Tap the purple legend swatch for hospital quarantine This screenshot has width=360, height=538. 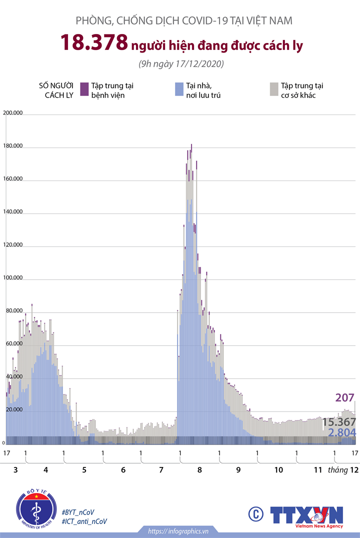[84, 89]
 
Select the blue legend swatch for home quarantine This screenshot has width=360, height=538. [178, 89]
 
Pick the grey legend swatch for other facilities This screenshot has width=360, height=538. [273, 89]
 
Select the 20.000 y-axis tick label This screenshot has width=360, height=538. [13, 409]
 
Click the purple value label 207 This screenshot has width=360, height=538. [345, 398]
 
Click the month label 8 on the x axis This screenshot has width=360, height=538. [199, 470]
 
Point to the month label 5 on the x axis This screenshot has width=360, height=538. [84, 470]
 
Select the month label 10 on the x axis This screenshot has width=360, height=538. [278, 470]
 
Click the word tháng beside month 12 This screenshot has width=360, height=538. [337, 470]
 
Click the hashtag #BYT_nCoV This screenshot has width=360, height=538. [78, 512]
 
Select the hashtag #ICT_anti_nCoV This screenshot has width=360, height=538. [84, 521]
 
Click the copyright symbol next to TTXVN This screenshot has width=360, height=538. [255, 514]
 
